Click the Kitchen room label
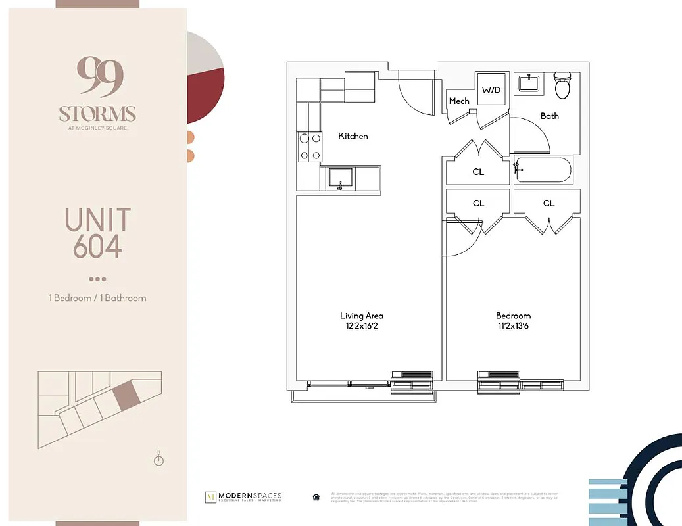tap(353, 136)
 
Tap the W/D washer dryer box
tap(491, 89)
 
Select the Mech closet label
tap(459, 101)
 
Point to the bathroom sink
tap(528, 84)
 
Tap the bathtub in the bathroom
tap(543, 171)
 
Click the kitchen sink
tap(340, 178)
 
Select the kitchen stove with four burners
tap(310, 147)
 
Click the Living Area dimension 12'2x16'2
tap(361, 326)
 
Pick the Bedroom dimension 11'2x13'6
tap(514, 326)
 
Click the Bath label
tap(550, 116)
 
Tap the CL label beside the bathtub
tap(478, 172)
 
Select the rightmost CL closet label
tap(548, 203)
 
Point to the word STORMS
tap(97, 114)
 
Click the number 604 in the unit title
tap(97, 247)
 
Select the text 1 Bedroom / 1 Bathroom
tap(97, 298)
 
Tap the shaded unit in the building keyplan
tap(124, 396)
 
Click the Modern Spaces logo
tap(243, 496)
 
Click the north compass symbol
tap(158, 459)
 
